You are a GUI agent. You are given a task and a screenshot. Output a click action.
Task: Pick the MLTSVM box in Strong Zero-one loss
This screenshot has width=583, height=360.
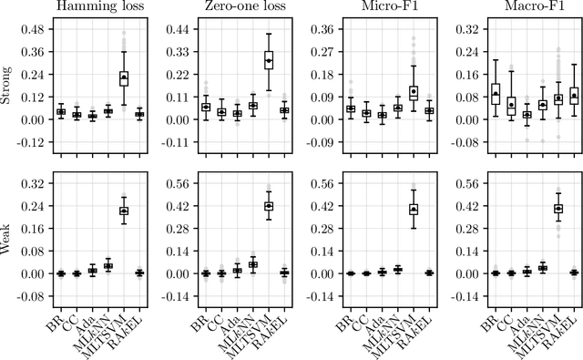pyautogui.click(x=269, y=61)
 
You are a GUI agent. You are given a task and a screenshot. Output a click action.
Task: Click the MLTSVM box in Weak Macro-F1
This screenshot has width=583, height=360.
pyautogui.click(x=557, y=209)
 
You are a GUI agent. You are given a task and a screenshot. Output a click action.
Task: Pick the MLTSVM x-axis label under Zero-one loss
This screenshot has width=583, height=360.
pyautogui.click(x=260, y=333)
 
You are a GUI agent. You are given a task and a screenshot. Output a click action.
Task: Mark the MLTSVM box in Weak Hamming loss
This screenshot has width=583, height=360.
pyautogui.click(x=124, y=211)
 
